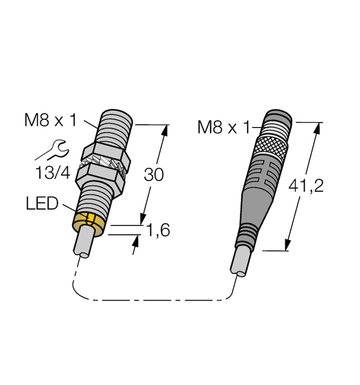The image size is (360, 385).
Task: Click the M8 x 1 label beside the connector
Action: point(223,127)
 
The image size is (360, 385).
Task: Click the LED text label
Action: point(42,204)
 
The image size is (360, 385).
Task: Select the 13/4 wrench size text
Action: point(53,173)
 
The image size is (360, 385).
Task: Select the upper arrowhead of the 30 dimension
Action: point(165,129)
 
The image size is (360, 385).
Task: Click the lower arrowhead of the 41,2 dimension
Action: point(289,244)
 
